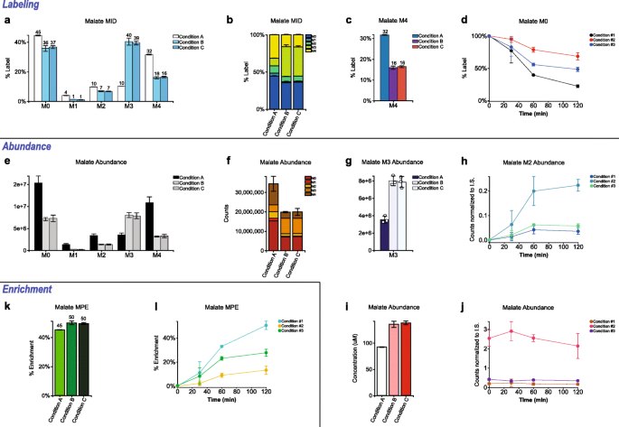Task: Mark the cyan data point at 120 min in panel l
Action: pyautogui.click(x=291, y=325)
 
